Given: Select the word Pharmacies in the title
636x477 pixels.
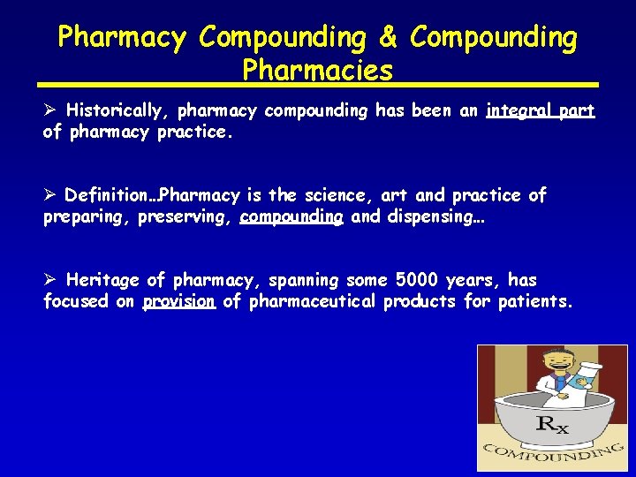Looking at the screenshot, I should pyautogui.click(x=318, y=71).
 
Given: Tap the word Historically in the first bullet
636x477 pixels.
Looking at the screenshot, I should pyautogui.click(x=118, y=110).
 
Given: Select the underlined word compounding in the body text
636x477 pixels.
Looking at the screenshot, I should pyautogui.click(x=291, y=216).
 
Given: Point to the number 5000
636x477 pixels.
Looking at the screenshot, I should pyautogui.click(x=415, y=280).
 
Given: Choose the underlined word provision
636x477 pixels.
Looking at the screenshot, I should pyautogui.click(x=179, y=301).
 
